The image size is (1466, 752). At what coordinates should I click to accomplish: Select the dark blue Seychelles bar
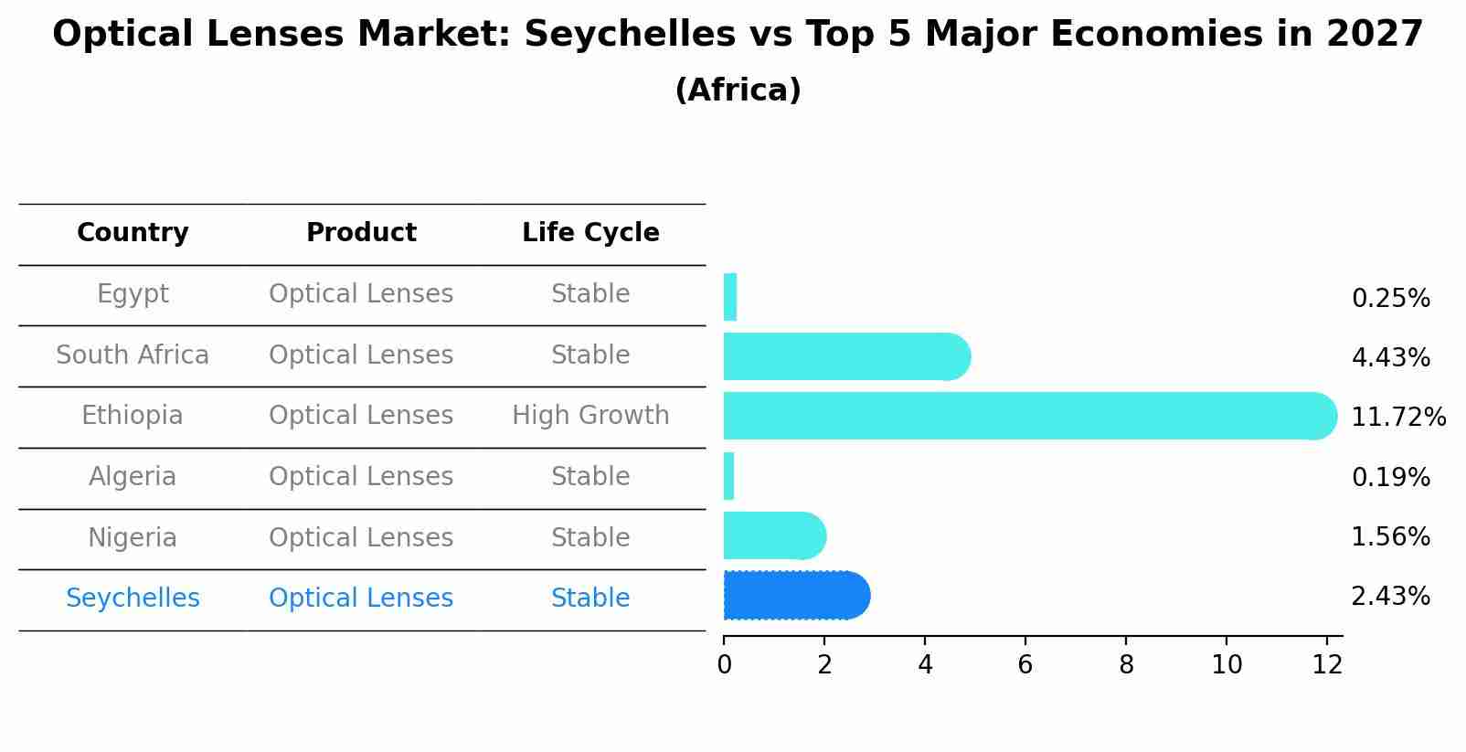click(x=795, y=596)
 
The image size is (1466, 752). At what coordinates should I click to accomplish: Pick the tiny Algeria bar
click(x=728, y=476)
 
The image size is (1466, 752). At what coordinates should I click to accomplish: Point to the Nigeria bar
click(x=773, y=535)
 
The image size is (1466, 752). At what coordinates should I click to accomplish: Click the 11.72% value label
click(x=1397, y=418)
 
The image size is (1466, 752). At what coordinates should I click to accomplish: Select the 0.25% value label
click(x=1390, y=299)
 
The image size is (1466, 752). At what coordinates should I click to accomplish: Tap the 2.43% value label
click(x=1390, y=597)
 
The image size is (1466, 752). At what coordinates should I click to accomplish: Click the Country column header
click(x=133, y=233)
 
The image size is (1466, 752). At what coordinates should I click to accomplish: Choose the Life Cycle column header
click(x=590, y=233)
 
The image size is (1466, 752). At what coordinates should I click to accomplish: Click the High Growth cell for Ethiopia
click(x=590, y=416)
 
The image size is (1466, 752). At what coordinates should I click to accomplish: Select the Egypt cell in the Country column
click(x=133, y=294)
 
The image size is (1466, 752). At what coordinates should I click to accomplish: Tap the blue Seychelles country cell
click(x=133, y=598)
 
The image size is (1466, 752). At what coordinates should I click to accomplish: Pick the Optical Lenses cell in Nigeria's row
click(x=361, y=537)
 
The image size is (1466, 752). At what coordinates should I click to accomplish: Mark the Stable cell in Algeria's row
click(x=590, y=477)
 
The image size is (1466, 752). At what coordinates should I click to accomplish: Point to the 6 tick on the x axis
click(x=1025, y=665)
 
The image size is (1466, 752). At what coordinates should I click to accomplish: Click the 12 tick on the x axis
click(x=1327, y=665)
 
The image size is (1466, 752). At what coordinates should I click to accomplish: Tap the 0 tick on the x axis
click(x=724, y=665)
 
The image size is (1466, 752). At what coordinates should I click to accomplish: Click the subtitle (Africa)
click(x=738, y=90)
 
